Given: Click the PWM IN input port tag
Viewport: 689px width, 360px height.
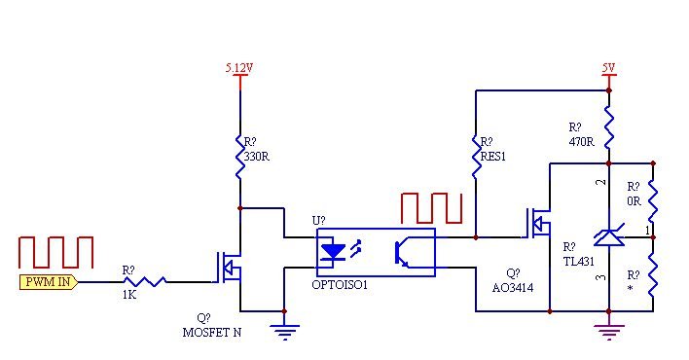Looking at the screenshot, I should pyautogui.click(x=49, y=282).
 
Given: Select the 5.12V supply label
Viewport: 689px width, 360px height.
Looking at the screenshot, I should pyautogui.click(x=240, y=68).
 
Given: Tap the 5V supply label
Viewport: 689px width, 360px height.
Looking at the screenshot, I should pyautogui.click(x=608, y=68).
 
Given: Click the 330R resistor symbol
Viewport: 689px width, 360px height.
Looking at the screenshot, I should pyautogui.click(x=240, y=156).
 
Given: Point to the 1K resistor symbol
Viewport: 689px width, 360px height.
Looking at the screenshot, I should pyautogui.click(x=143, y=281).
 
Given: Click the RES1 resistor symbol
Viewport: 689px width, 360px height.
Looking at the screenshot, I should pyautogui.click(x=476, y=156).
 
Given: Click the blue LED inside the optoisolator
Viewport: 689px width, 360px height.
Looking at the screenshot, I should pyautogui.click(x=333, y=251).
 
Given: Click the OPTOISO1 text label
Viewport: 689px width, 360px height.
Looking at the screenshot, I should pyautogui.click(x=340, y=284).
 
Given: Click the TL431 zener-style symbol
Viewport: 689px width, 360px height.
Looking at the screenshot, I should pyautogui.click(x=608, y=236).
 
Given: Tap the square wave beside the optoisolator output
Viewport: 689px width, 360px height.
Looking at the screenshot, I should pyautogui.click(x=431, y=209).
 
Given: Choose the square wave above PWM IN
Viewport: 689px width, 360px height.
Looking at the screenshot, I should pyautogui.click(x=56, y=251).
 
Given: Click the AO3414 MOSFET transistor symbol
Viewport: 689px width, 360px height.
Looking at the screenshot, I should pyautogui.click(x=538, y=225).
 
